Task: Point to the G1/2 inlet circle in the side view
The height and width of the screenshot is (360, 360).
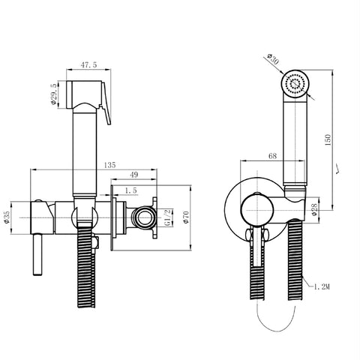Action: click(140, 218)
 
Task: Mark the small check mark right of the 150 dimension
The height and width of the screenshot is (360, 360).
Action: click(342, 170)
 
